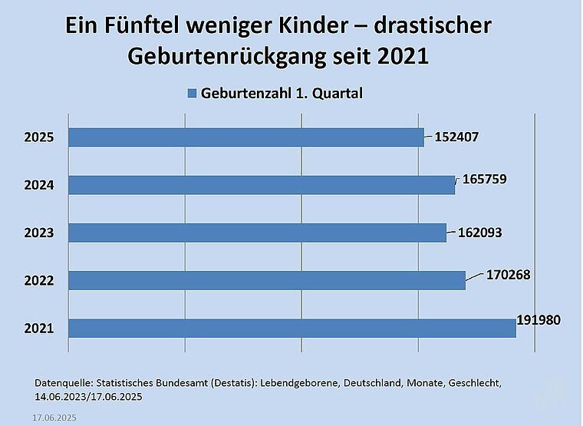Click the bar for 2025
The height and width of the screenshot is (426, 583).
[x=245, y=137]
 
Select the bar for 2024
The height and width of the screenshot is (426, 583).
[x=261, y=185]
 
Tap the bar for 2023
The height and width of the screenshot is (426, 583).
[x=257, y=233]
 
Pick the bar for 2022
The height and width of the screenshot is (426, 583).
[x=266, y=281]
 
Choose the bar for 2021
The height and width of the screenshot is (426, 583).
[x=291, y=329]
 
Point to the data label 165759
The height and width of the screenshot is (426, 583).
[x=485, y=179]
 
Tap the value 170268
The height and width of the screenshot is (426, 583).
[x=509, y=274]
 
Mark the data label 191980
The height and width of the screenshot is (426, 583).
[x=540, y=319]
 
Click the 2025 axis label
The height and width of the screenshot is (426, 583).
[x=38, y=138]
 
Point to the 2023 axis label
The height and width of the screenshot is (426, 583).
[x=38, y=233]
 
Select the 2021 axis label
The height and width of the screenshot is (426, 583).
[x=38, y=329]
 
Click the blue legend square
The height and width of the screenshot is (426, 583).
[x=193, y=94]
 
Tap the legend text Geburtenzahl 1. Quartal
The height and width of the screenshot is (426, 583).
[x=282, y=94]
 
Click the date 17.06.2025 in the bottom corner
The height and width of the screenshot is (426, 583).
[x=54, y=418]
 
